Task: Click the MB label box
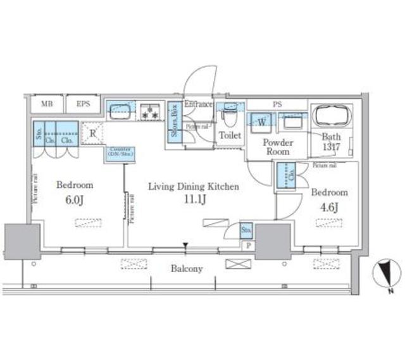(x=47, y=104)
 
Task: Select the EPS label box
(x=84, y=104)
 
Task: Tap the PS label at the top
(x=277, y=104)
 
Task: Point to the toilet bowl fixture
(x=229, y=117)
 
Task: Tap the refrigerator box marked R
(x=92, y=132)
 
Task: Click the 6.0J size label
(x=74, y=199)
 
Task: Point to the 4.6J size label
(x=328, y=206)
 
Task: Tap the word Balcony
(x=187, y=269)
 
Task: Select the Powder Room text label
(x=277, y=147)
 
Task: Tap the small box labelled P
(x=247, y=246)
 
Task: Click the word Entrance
(x=198, y=104)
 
